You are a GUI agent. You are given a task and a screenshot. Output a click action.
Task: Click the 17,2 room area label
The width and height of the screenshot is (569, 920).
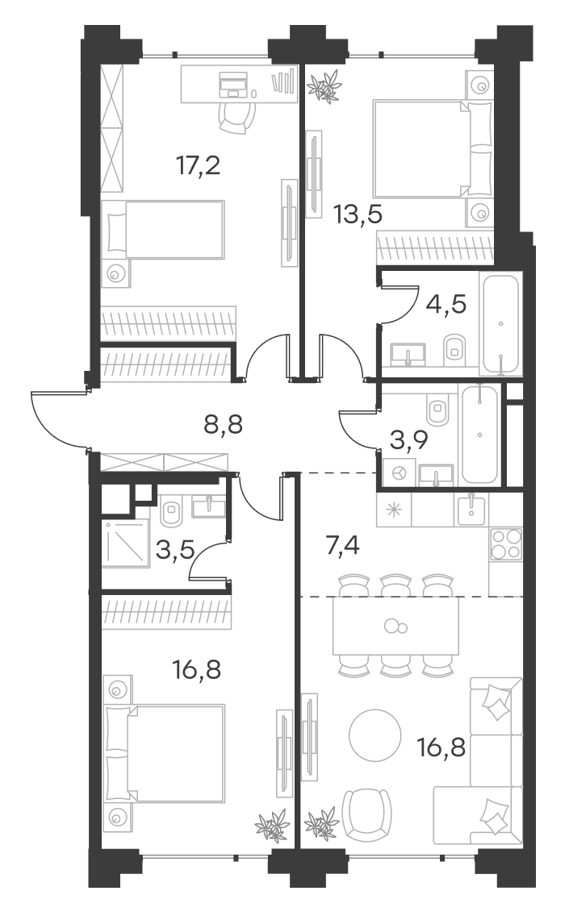pyautogui.click(x=199, y=166)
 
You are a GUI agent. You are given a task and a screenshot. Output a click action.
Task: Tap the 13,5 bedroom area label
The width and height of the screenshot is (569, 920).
pyautogui.click(x=358, y=214)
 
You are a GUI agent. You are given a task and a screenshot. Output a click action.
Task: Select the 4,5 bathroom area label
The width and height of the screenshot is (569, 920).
pyautogui.click(x=446, y=305)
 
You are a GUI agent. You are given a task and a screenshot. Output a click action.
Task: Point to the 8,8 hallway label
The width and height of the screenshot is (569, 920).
pyautogui.click(x=223, y=423)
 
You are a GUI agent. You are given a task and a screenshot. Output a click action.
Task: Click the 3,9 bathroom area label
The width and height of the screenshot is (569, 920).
pyautogui.click(x=410, y=439)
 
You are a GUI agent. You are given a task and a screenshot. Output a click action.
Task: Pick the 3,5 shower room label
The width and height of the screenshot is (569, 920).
pyautogui.click(x=175, y=551)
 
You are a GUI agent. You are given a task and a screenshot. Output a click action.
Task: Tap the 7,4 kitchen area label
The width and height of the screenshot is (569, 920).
pyautogui.click(x=342, y=546)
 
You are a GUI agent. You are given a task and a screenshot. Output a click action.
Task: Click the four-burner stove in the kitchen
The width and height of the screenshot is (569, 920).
pyautogui.click(x=505, y=544)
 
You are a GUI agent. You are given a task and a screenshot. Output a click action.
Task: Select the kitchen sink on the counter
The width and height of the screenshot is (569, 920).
pyautogui.click(x=471, y=510)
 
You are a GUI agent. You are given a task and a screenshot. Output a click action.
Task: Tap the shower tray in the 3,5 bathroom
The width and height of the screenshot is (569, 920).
pyautogui.click(x=125, y=544)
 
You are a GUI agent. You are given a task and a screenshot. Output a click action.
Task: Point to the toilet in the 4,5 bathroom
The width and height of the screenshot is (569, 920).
pyautogui.click(x=454, y=347)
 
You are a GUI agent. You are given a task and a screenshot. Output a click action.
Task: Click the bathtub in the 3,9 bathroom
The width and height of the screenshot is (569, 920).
pyautogui.click(x=480, y=434)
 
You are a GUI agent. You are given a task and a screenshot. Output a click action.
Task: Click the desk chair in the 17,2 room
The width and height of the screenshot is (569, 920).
pyautogui.click(x=238, y=118)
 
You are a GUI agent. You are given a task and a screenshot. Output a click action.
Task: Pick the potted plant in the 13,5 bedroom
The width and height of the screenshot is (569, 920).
pyautogui.click(x=324, y=85)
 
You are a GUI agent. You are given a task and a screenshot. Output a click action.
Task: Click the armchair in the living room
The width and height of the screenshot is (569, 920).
pyautogui.click(x=367, y=815)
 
